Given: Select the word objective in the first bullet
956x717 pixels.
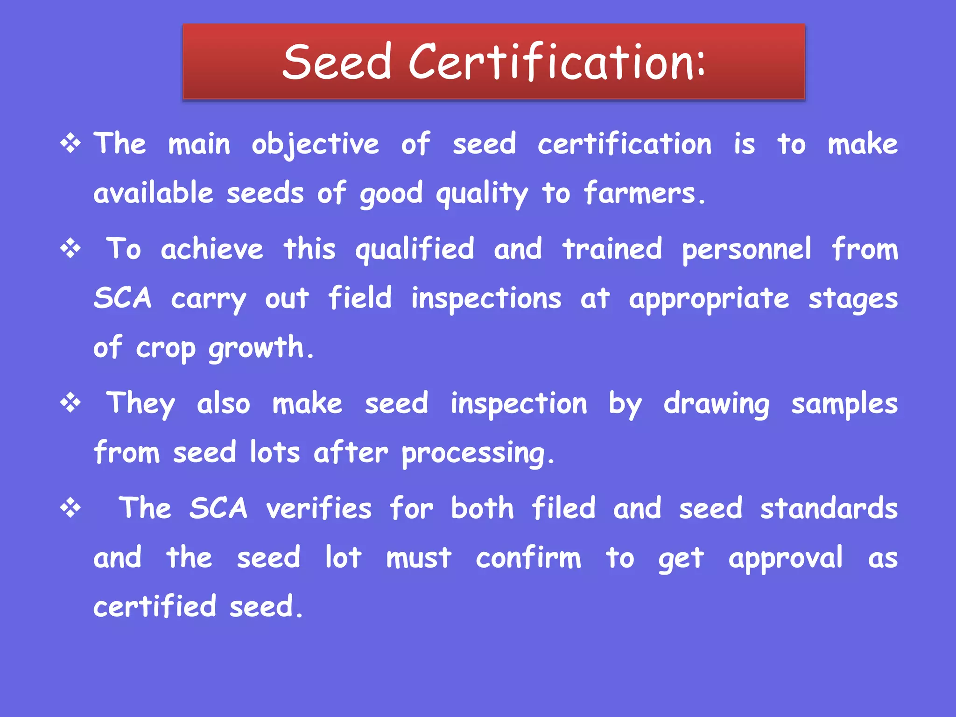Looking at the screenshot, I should click(x=315, y=145).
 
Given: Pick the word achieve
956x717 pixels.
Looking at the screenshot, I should click(x=212, y=249).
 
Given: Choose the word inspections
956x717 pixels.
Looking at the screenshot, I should click(x=486, y=299).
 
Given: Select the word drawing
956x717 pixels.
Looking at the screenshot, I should click(x=717, y=404).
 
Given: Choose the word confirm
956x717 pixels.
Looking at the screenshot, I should click(x=528, y=557).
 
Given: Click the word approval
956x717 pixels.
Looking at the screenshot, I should click(x=786, y=558).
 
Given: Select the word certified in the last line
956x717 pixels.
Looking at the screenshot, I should click(x=155, y=606).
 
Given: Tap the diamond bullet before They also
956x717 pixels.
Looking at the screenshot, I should click(x=70, y=402).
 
